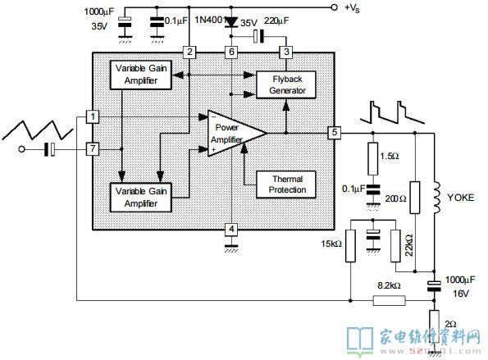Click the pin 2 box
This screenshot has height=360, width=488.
[x=189, y=52]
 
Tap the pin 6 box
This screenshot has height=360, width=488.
[x=231, y=52]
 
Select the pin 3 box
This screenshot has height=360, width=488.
[x=286, y=52]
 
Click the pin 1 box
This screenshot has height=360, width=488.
[x=93, y=117]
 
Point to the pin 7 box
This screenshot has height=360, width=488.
[x=93, y=149]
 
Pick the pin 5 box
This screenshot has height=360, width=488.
[x=335, y=133]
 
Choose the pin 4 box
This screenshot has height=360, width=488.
[x=231, y=230]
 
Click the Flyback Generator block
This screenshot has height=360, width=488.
[x=286, y=85]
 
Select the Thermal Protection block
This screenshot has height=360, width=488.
[x=286, y=185]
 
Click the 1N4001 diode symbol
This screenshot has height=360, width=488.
[x=231, y=22]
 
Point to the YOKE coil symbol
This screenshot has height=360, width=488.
[x=436, y=198]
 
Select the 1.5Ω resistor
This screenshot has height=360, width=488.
[x=373, y=159]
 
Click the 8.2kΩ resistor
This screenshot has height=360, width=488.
[x=389, y=301]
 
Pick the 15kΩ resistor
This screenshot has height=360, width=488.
[x=350, y=246]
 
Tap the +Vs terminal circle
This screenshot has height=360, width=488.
[x=334, y=7]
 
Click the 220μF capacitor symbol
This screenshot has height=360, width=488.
[x=258, y=36]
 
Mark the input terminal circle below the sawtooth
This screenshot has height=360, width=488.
[x=21, y=149]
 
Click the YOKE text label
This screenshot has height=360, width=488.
[x=461, y=198]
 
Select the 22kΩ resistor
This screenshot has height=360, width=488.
[x=395, y=246]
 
